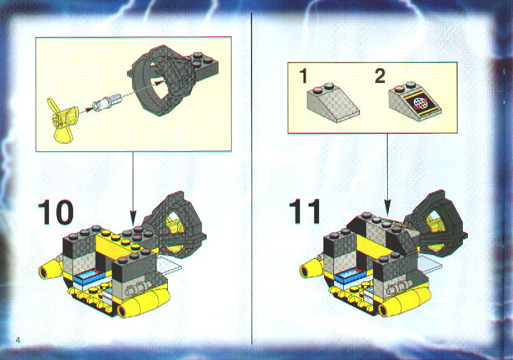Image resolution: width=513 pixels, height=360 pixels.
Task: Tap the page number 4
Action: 18,340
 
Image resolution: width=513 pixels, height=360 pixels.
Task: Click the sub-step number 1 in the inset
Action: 304,76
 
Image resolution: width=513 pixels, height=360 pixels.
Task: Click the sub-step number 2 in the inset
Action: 380,76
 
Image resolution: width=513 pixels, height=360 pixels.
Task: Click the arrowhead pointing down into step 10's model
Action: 133,217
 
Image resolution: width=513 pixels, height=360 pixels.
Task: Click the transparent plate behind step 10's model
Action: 170,265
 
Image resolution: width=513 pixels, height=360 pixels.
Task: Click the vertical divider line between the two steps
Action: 252,178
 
